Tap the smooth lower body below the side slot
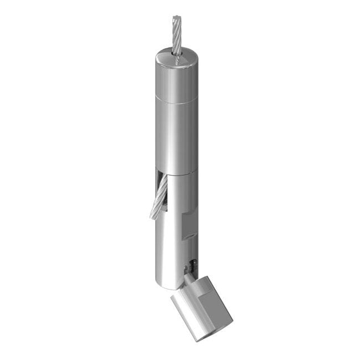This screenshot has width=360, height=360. pyautogui.click(x=166, y=244)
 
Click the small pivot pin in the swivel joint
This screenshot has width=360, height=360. pyautogui.click(x=193, y=264)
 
